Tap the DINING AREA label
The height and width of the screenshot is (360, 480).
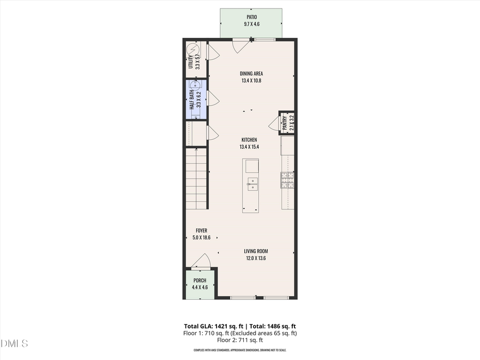point(251,74)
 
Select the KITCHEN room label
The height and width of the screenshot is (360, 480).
point(249,140)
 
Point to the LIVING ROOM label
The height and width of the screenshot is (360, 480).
point(256,251)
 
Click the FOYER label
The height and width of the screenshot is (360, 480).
point(201,230)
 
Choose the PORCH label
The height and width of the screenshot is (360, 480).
point(199,281)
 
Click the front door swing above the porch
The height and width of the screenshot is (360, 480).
point(201,261)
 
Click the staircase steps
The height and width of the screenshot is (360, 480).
point(196,179)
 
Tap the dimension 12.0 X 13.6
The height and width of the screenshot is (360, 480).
point(256,258)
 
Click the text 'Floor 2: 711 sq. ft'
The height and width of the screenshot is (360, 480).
point(239,340)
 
